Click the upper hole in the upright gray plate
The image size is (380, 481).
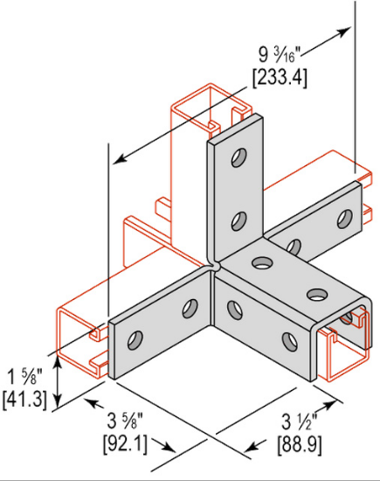pyautogui.click(x=237, y=159)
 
